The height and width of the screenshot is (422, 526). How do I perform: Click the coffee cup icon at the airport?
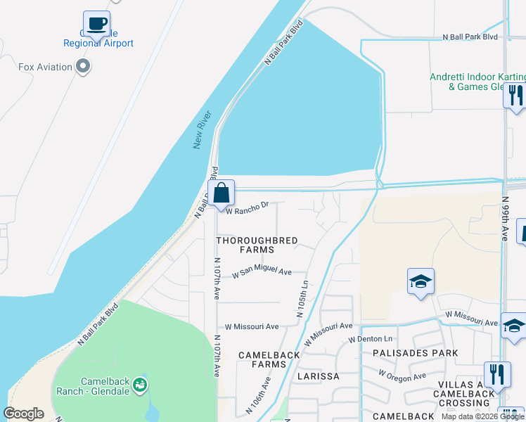tap(96, 25)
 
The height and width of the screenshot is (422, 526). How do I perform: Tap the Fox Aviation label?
tap(45, 68)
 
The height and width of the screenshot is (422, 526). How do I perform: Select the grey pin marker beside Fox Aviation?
tap(84, 68)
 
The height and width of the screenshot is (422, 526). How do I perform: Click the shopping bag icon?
tap(221, 193)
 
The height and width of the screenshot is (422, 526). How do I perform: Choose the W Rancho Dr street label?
tap(247, 206)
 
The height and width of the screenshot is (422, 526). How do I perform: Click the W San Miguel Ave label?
tap(262, 271)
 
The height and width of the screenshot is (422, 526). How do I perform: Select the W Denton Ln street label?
tap(369, 339)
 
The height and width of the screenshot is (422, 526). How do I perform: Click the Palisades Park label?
tap(415, 353)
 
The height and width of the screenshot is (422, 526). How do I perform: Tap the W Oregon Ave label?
tap(402, 376)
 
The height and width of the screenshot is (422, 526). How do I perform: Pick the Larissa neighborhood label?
tap(317, 376)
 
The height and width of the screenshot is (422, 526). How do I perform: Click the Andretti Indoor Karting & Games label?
tap(477, 82)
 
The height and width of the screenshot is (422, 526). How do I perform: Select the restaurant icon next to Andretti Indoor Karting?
tap(516, 95)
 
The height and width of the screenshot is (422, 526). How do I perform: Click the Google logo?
tap(24, 414)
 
